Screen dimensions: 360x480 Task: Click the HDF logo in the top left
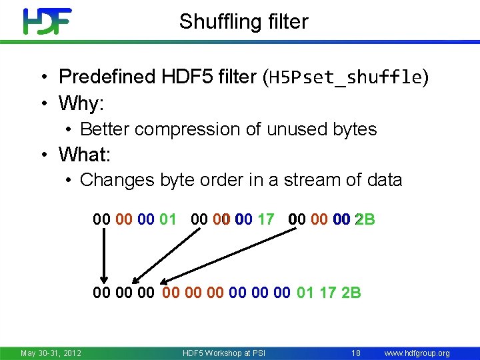(47, 21)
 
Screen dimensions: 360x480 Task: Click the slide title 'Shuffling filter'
(243, 21)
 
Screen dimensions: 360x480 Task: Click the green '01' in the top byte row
(168, 219)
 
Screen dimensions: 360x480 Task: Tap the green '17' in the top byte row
(265, 219)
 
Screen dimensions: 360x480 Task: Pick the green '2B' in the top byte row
(365, 219)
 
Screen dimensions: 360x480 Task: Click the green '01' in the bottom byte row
(305, 292)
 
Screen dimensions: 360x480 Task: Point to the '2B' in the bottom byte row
(351, 292)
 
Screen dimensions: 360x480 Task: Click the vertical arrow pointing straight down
(103, 257)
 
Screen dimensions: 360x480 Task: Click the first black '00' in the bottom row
(102, 292)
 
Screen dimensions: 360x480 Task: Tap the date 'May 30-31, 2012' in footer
(51, 353)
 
